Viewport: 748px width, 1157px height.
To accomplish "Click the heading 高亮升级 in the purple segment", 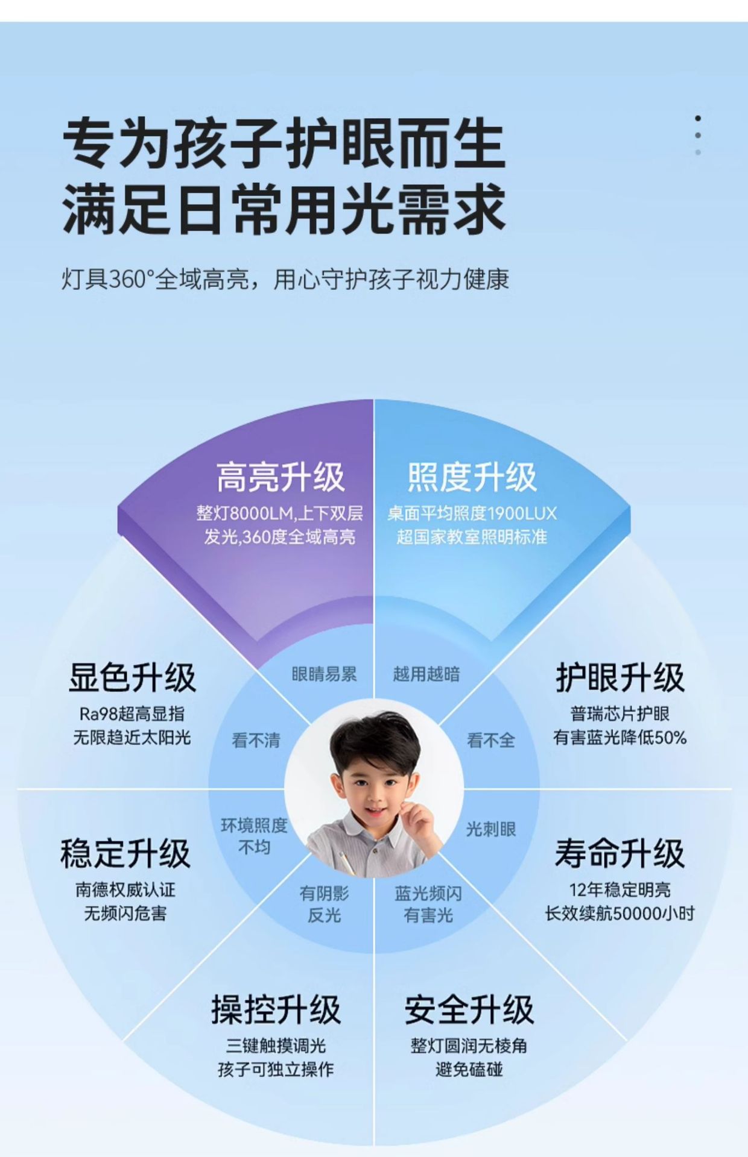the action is pyautogui.click(x=280, y=477).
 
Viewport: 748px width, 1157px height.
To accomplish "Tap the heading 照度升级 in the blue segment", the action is pyautogui.click(x=472, y=477).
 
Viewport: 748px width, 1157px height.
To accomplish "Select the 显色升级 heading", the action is pyautogui.click(x=132, y=677).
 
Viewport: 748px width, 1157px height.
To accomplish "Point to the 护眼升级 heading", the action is pyautogui.click(x=620, y=677).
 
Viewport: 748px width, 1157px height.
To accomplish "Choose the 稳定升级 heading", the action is pyautogui.click(x=125, y=853).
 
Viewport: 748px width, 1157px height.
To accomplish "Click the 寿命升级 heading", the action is pyautogui.click(x=620, y=853).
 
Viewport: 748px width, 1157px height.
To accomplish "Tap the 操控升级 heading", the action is pyautogui.click(x=276, y=1010).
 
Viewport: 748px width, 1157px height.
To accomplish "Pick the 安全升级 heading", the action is pyautogui.click(x=469, y=1010).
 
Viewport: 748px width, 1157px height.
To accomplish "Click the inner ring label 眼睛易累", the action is pyautogui.click(x=324, y=674).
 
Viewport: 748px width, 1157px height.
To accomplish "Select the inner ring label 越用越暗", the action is pyautogui.click(x=426, y=674).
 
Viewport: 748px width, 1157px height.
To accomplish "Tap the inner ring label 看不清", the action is pyautogui.click(x=256, y=740).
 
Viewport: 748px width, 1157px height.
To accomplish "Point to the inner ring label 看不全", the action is pyautogui.click(x=491, y=740).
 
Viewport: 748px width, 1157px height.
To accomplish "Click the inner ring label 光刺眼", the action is pyautogui.click(x=491, y=829).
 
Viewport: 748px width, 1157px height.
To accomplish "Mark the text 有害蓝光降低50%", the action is pyautogui.click(x=620, y=737).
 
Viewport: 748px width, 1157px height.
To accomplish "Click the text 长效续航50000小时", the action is pyautogui.click(x=620, y=913).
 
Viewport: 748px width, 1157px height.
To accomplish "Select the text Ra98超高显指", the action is pyautogui.click(x=132, y=714).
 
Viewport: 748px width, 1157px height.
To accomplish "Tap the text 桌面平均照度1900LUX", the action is pyautogui.click(x=472, y=513).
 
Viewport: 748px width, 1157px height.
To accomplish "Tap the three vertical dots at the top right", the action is pyautogui.click(x=698, y=136).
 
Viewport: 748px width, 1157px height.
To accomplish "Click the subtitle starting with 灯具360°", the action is pyautogui.click(x=285, y=279).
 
